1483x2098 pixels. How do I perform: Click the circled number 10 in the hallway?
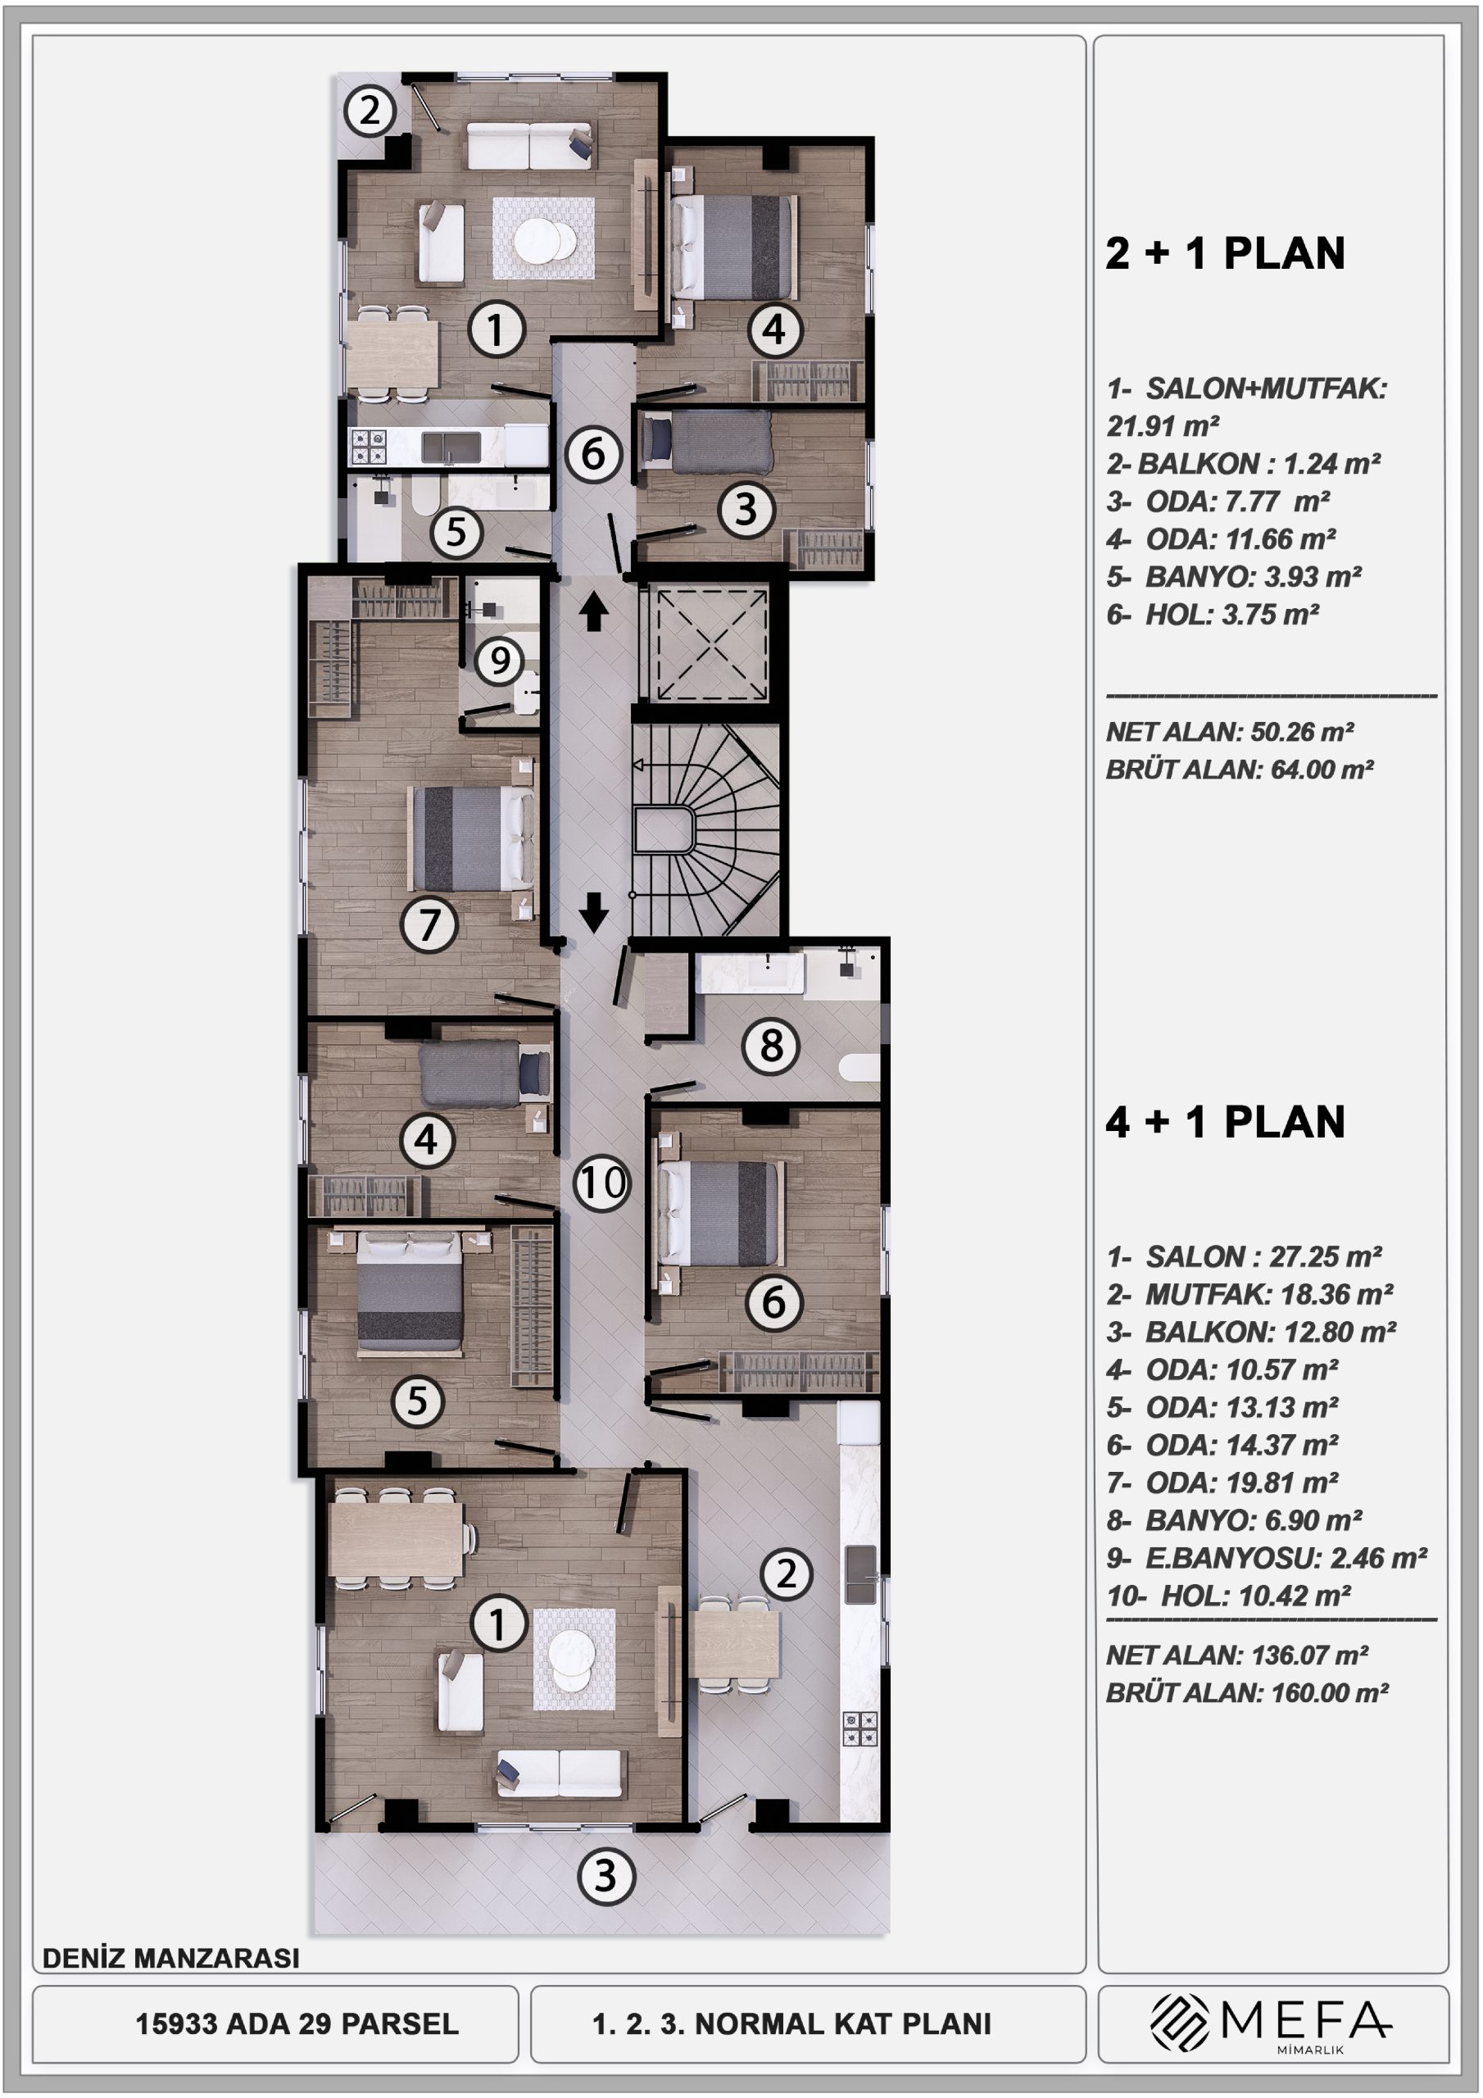(601, 1183)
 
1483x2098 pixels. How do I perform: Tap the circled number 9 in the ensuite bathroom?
(499, 660)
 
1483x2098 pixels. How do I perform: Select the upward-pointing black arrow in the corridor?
(594, 611)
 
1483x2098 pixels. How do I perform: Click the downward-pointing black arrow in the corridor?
(594, 911)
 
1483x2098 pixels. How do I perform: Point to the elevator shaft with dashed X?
(706, 646)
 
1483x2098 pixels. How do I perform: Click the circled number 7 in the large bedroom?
(429, 924)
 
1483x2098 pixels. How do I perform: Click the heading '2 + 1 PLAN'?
(1224, 253)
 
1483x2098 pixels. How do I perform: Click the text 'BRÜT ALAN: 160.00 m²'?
(1247, 1692)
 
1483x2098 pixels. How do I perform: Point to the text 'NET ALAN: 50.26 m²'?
(1230, 732)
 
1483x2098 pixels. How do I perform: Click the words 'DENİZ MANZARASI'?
(171, 1958)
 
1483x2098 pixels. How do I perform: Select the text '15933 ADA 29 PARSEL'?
(297, 2024)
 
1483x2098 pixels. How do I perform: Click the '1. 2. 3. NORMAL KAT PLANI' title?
(791, 2024)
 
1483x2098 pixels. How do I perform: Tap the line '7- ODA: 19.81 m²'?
(1222, 1483)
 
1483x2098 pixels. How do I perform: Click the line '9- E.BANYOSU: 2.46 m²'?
(1267, 1557)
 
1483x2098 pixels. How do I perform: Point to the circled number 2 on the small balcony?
(370, 111)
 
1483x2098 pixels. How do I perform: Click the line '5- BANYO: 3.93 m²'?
(1234, 577)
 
